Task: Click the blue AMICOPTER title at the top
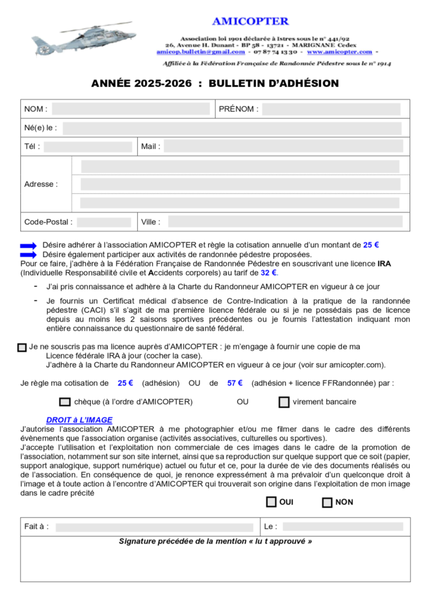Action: click(250, 21)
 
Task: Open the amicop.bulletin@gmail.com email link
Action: click(197, 52)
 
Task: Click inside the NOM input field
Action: click(131, 109)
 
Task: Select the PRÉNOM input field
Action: click(331, 109)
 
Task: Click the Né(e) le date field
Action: click(232, 128)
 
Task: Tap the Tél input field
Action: click(88, 146)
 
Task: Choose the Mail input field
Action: click(283, 146)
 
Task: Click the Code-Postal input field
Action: click(104, 222)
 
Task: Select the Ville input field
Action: click(285, 222)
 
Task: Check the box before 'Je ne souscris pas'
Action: click(23, 347)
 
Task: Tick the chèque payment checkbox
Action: click(65, 402)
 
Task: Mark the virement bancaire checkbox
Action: click(284, 402)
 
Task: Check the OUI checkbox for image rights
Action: click(272, 502)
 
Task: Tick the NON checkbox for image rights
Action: click(327, 503)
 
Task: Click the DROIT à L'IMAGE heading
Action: click(79, 420)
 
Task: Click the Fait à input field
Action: click(154, 527)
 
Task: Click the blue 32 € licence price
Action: click(269, 273)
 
